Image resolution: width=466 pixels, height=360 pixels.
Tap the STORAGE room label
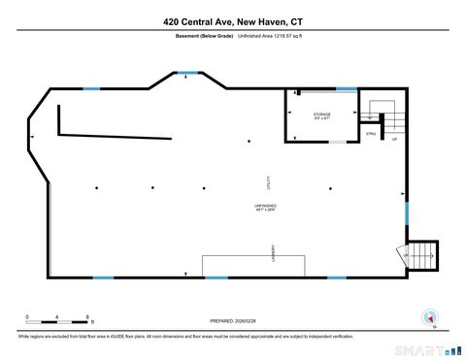click(321, 115)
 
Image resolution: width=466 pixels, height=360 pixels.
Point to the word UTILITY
click(269, 181)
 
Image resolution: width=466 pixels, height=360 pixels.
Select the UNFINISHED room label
click(266, 207)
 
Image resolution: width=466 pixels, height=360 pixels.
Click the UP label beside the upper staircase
click(394, 139)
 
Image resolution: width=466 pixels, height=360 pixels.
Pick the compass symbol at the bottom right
click(428, 316)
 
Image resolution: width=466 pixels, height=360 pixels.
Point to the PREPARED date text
click(233, 321)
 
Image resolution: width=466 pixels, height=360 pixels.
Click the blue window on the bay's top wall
click(187, 73)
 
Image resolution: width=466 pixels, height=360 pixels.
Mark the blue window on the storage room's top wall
click(346, 89)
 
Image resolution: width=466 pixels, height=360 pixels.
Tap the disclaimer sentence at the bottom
click(184, 336)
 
